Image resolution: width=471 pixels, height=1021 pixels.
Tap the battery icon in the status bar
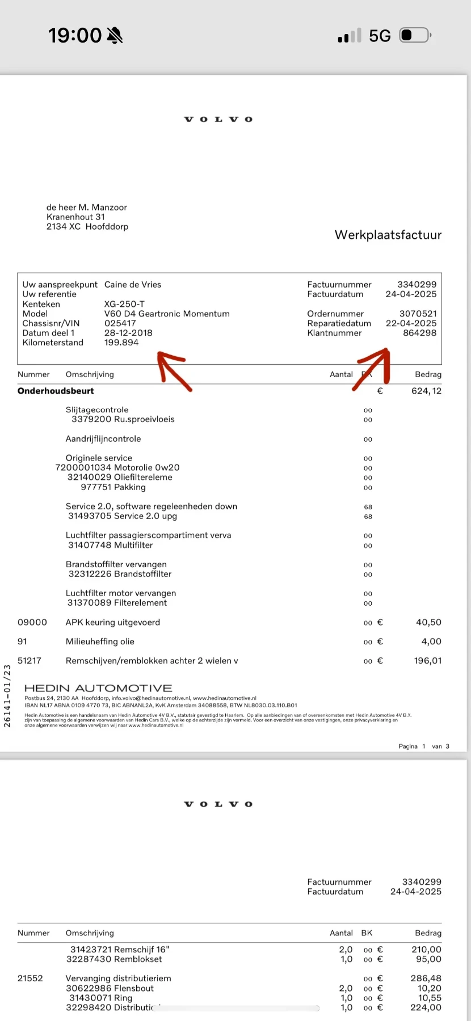tap(415, 36)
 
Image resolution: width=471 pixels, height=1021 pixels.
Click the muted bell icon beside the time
tap(114, 36)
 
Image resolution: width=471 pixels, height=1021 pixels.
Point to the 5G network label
tap(380, 36)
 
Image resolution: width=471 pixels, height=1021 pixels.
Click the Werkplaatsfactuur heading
tap(388, 235)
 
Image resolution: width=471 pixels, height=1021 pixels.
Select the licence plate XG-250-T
tap(124, 304)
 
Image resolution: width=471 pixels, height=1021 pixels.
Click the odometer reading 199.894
tap(121, 343)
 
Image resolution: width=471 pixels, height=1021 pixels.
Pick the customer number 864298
tap(419, 333)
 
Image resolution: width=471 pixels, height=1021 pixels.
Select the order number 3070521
tap(418, 314)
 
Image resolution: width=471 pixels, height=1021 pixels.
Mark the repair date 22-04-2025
tap(411, 323)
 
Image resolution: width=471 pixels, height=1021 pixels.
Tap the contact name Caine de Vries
tap(133, 285)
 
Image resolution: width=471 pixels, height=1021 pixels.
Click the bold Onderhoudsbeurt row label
tap(56, 391)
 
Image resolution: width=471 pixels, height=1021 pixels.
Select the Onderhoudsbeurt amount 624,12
tap(426, 391)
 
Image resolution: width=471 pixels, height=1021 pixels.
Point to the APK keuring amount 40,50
tap(428, 622)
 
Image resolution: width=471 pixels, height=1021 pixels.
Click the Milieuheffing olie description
tap(100, 642)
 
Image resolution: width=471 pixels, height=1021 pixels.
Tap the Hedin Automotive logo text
tap(98, 688)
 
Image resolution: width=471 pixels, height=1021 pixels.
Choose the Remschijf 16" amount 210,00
tap(426, 950)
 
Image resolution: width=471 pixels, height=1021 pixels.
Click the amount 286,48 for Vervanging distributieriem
tap(426, 978)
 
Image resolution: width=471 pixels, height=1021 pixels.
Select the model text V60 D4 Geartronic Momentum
tap(167, 314)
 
